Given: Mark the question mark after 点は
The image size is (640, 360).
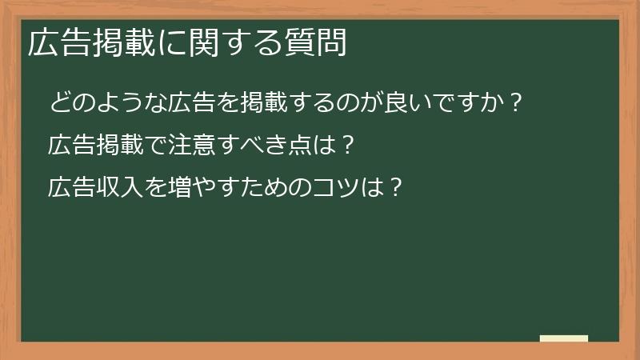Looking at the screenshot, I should (346, 146).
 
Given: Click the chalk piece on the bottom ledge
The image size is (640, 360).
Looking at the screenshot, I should (563, 338).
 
